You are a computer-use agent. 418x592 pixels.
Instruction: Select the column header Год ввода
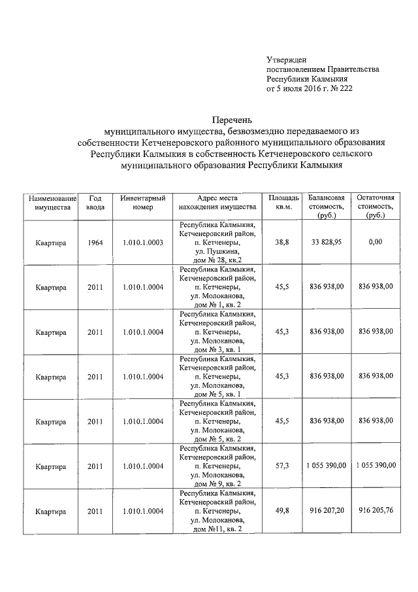coord(95,202)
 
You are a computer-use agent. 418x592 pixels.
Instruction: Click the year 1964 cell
coord(95,242)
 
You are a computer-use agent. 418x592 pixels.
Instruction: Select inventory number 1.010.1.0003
coord(142,242)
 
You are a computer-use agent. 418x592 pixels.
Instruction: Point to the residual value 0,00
coord(375,242)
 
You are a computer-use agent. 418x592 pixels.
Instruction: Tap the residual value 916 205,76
coord(376,510)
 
